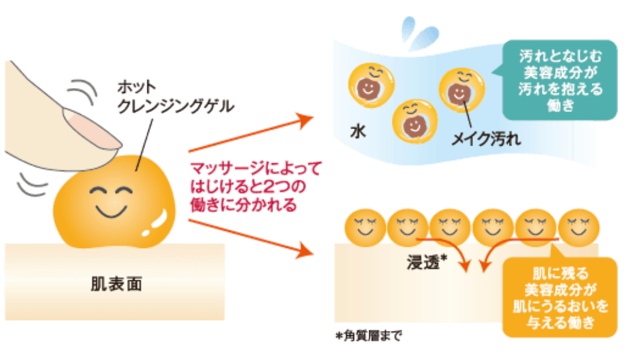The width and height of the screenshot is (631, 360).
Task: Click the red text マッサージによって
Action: pyautogui.click(x=256, y=169)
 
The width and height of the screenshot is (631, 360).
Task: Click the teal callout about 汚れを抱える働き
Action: pyautogui.click(x=557, y=80)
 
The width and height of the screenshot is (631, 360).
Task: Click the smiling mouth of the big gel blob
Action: pyautogui.click(x=110, y=207)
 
